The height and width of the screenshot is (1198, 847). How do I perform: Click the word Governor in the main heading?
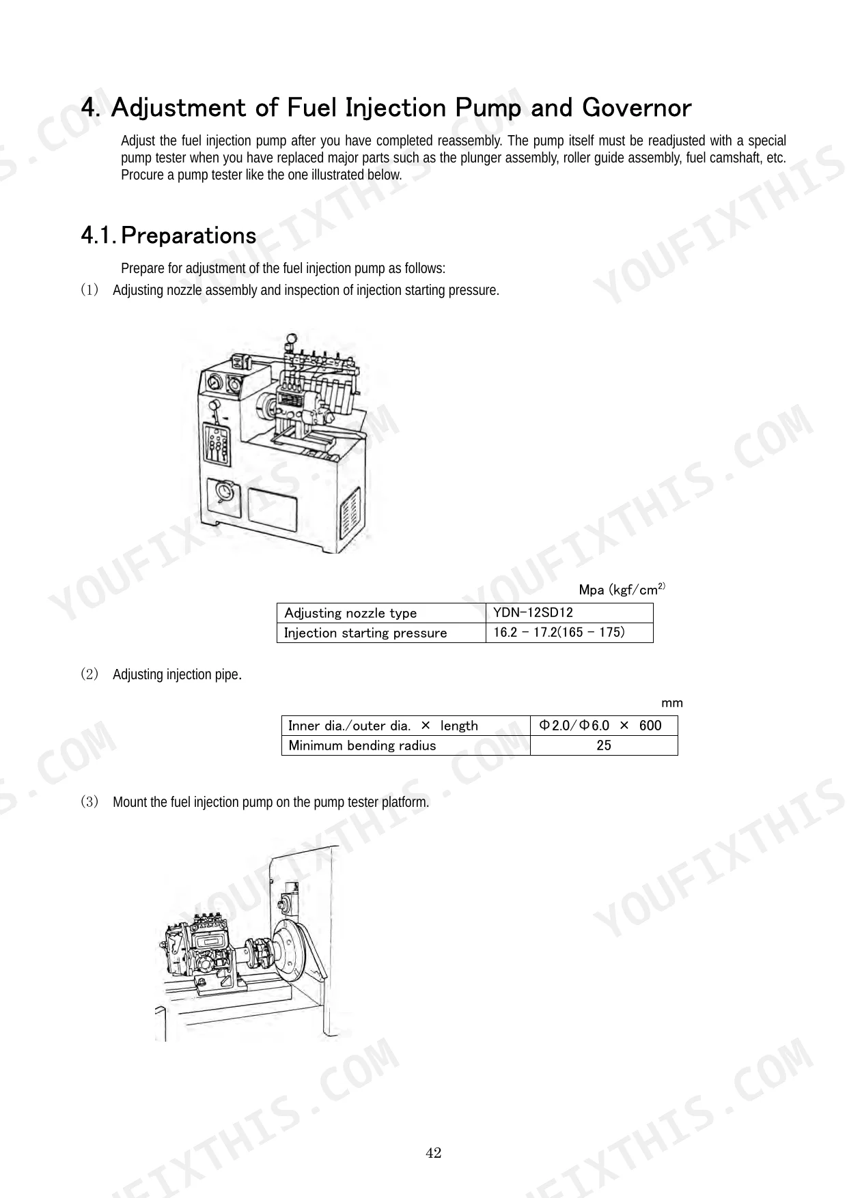[x=637, y=108]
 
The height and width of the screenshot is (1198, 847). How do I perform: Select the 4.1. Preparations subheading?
[x=169, y=236]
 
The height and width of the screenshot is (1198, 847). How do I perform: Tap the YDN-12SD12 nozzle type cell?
[x=569, y=612]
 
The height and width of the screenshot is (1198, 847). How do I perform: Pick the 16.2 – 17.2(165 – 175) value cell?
[x=569, y=633]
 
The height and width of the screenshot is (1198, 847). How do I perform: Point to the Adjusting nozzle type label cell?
[x=381, y=612]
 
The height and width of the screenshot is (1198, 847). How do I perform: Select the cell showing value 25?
[x=604, y=745]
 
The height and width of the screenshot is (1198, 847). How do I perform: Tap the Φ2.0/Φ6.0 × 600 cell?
[x=604, y=726]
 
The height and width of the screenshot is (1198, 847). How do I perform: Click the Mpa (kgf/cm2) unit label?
[x=622, y=589]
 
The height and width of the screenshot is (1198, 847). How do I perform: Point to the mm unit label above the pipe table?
[x=672, y=703]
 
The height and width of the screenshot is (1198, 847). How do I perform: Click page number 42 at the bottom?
[x=434, y=1153]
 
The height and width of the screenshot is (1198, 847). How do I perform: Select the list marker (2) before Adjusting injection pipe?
[x=89, y=674]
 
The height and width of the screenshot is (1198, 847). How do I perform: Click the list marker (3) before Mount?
[x=89, y=801]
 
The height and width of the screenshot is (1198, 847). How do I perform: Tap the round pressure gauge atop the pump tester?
[x=292, y=339]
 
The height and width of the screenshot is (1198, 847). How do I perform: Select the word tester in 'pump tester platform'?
[x=363, y=802]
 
